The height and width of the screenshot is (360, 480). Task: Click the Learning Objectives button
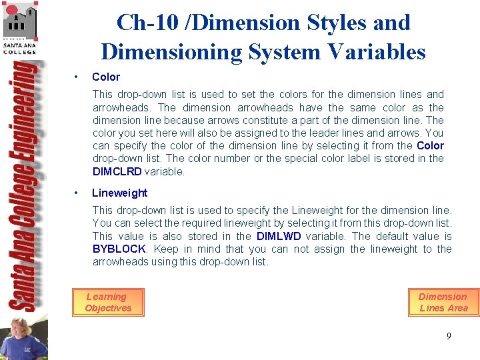pos(107,302)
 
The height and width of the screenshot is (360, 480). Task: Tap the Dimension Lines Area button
pos(443,302)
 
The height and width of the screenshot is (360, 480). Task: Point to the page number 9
pos(449,336)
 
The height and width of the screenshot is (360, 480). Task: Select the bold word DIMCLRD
pos(117,171)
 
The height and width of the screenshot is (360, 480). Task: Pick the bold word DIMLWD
pos(279,236)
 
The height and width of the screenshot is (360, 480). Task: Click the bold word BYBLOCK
pos(119,249)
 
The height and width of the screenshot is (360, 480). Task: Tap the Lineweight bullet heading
pos(119,193)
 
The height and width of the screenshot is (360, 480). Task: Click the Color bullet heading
pos(105,77)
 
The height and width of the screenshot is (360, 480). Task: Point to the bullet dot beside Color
pos(78,77)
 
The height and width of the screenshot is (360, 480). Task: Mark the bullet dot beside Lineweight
pos(78,193)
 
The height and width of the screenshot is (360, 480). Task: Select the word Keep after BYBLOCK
pos(166,249)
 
